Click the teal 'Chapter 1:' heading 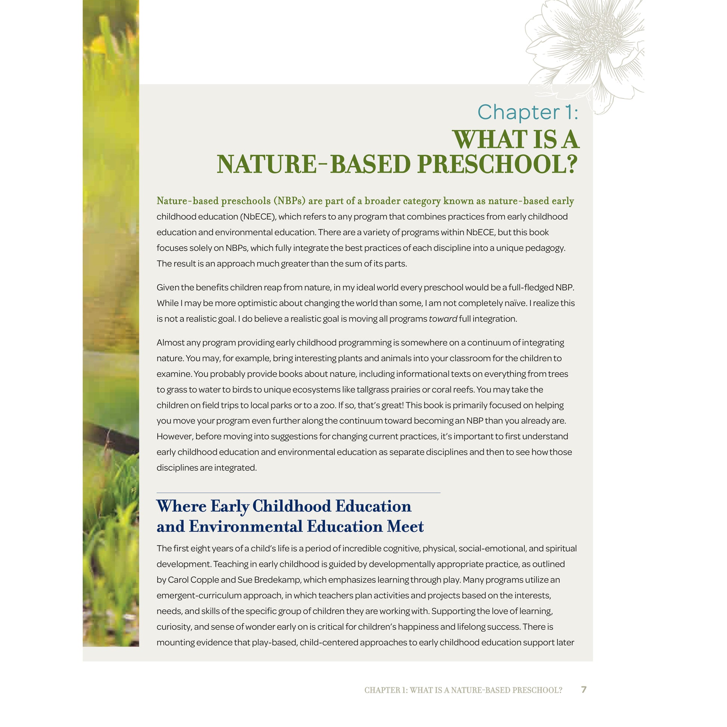[x=528, y=112]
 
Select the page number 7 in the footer [x=584, y=689]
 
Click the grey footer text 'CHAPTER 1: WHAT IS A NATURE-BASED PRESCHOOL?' [x=463, y=690]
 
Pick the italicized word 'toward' [x=443, y=319]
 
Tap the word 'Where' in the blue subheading [x=181, y=506]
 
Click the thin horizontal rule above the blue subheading [x=298, y=492]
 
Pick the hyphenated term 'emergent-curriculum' [x=199, y=595]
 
